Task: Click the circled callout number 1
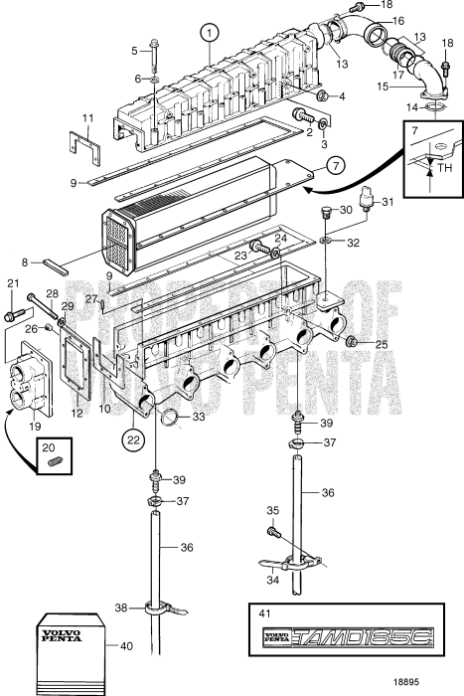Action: click(208, 31)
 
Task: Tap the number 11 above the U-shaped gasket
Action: click(87, 118)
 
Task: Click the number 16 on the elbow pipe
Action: click(397, 20)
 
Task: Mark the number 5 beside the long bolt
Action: click(136, 49)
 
